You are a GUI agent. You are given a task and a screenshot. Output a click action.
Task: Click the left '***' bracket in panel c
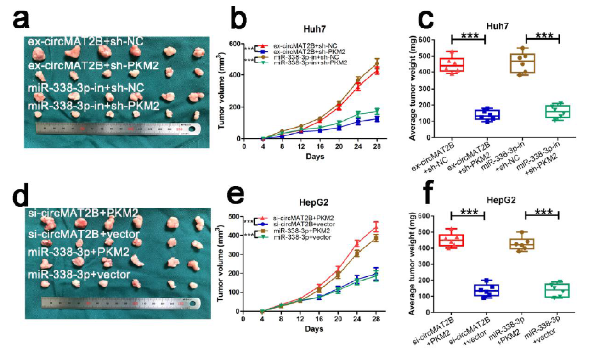(x=468, y=36)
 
